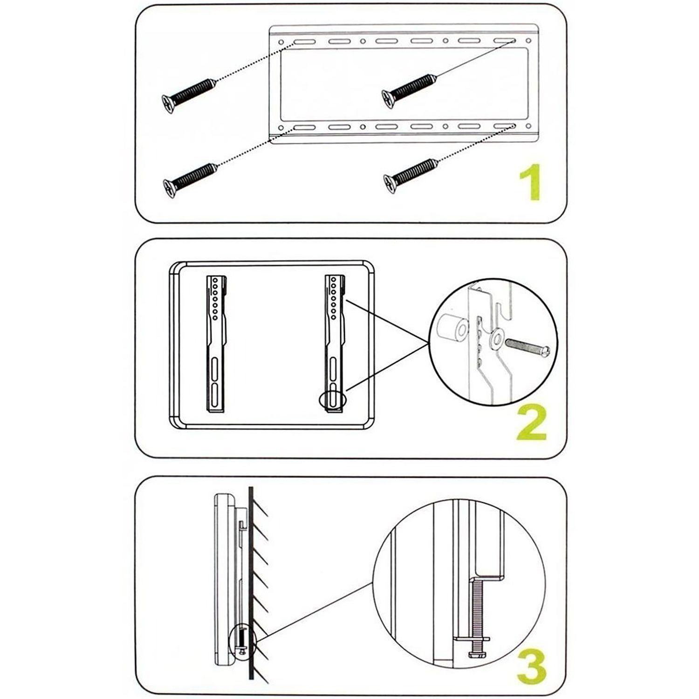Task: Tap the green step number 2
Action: (x=531, y=424)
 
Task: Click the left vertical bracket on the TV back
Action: (x=216, y=344)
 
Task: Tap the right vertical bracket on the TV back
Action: (x=335, y=344)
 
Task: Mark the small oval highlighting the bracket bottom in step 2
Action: (x=333, y=400)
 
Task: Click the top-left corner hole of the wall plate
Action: (x=281, y=42)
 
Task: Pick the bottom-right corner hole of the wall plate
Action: (x=528, y=126)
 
